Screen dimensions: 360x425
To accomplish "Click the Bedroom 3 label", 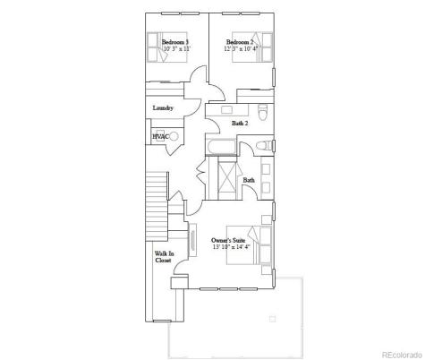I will point(174,42).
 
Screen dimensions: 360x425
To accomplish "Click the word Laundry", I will point(163,108).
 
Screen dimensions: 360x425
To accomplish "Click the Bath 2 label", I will point(240,124).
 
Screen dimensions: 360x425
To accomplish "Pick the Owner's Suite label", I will point(227,240).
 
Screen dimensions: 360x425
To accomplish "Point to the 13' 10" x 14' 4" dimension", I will point(228,248).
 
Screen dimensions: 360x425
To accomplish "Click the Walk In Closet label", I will point(163,256).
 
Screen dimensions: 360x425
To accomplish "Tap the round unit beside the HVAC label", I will point(174,137).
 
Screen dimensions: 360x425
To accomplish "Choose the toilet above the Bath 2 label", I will point(261,112).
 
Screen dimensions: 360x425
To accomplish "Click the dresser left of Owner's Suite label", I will point(193,244).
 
